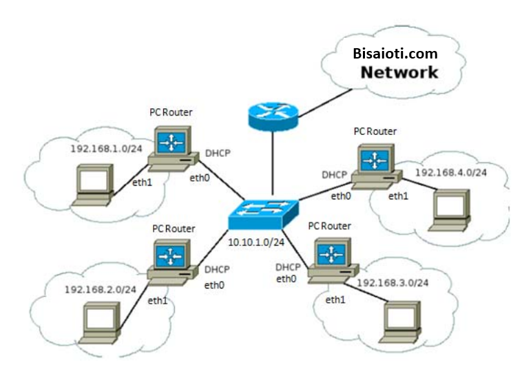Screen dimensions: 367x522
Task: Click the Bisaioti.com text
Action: pyautogui.click(x=395, y=53)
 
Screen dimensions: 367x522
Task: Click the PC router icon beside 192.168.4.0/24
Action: pyautogui.click(x=375, y=166)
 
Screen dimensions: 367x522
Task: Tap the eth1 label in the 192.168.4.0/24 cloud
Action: pyautogui.click(x=398, y=197)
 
